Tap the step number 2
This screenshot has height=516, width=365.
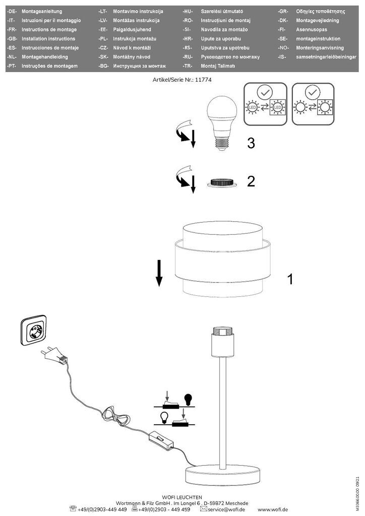pos(251,182)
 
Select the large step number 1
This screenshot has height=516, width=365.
pos(290,279)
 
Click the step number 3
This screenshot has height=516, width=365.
pos(251,143)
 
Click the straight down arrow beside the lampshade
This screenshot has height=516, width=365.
pos(158,273)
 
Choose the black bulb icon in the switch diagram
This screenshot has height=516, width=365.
pos(189,400)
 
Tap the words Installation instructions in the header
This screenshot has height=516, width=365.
pos(45,39)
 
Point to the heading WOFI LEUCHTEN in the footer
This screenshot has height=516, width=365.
pos(182,496)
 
